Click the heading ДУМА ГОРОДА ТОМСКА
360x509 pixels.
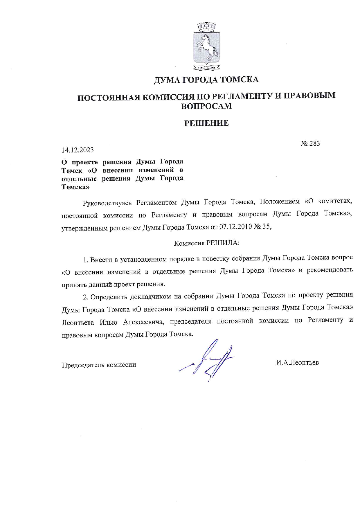pyautogui.click(x=206, y=80)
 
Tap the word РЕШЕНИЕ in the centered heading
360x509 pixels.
pyautogui.click(x=206, y=123)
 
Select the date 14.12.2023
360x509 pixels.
pyautogui.click(x=78, y=150)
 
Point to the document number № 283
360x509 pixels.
pyautogui.click(x=310, y=143)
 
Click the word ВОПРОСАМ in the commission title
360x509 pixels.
pyautogui.click(x=206, y=106)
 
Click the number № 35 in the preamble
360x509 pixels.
pyautogui.click(x=262, y=227)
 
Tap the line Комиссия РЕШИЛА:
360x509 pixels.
pyautogui.click(x=206, y=243)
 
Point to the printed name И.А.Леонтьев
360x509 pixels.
pyautogui.click(x=297, y=362)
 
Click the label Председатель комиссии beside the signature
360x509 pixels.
pyautogui.click(x=99, y=365)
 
